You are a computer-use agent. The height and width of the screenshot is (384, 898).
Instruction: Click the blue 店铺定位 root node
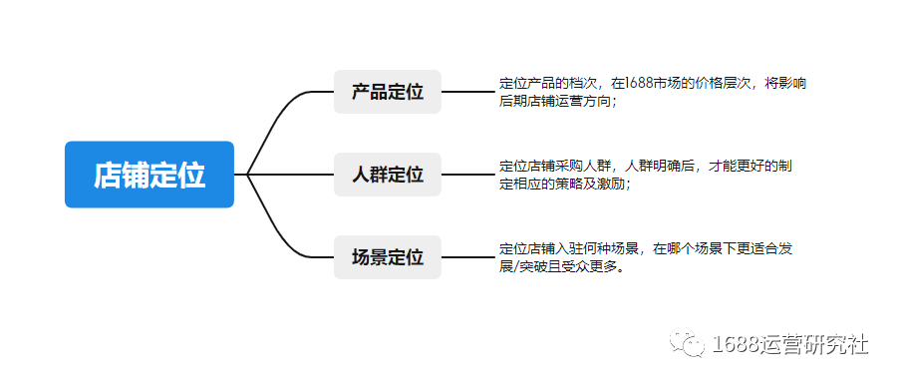150,175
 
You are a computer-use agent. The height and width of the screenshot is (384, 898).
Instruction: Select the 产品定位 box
387,92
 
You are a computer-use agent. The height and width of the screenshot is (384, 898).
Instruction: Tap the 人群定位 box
387,175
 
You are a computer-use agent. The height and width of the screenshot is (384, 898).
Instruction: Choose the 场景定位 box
387,257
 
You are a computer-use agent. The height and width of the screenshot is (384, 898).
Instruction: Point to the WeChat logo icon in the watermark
688,344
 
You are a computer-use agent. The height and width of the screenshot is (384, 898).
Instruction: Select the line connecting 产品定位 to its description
466,92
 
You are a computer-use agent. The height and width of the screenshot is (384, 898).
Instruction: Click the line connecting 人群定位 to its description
466,175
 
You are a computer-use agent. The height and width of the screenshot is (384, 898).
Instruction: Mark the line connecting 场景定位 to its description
466,257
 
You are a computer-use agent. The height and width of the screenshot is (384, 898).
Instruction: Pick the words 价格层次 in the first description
724,83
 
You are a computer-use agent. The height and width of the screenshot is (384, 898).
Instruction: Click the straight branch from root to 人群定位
289,175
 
